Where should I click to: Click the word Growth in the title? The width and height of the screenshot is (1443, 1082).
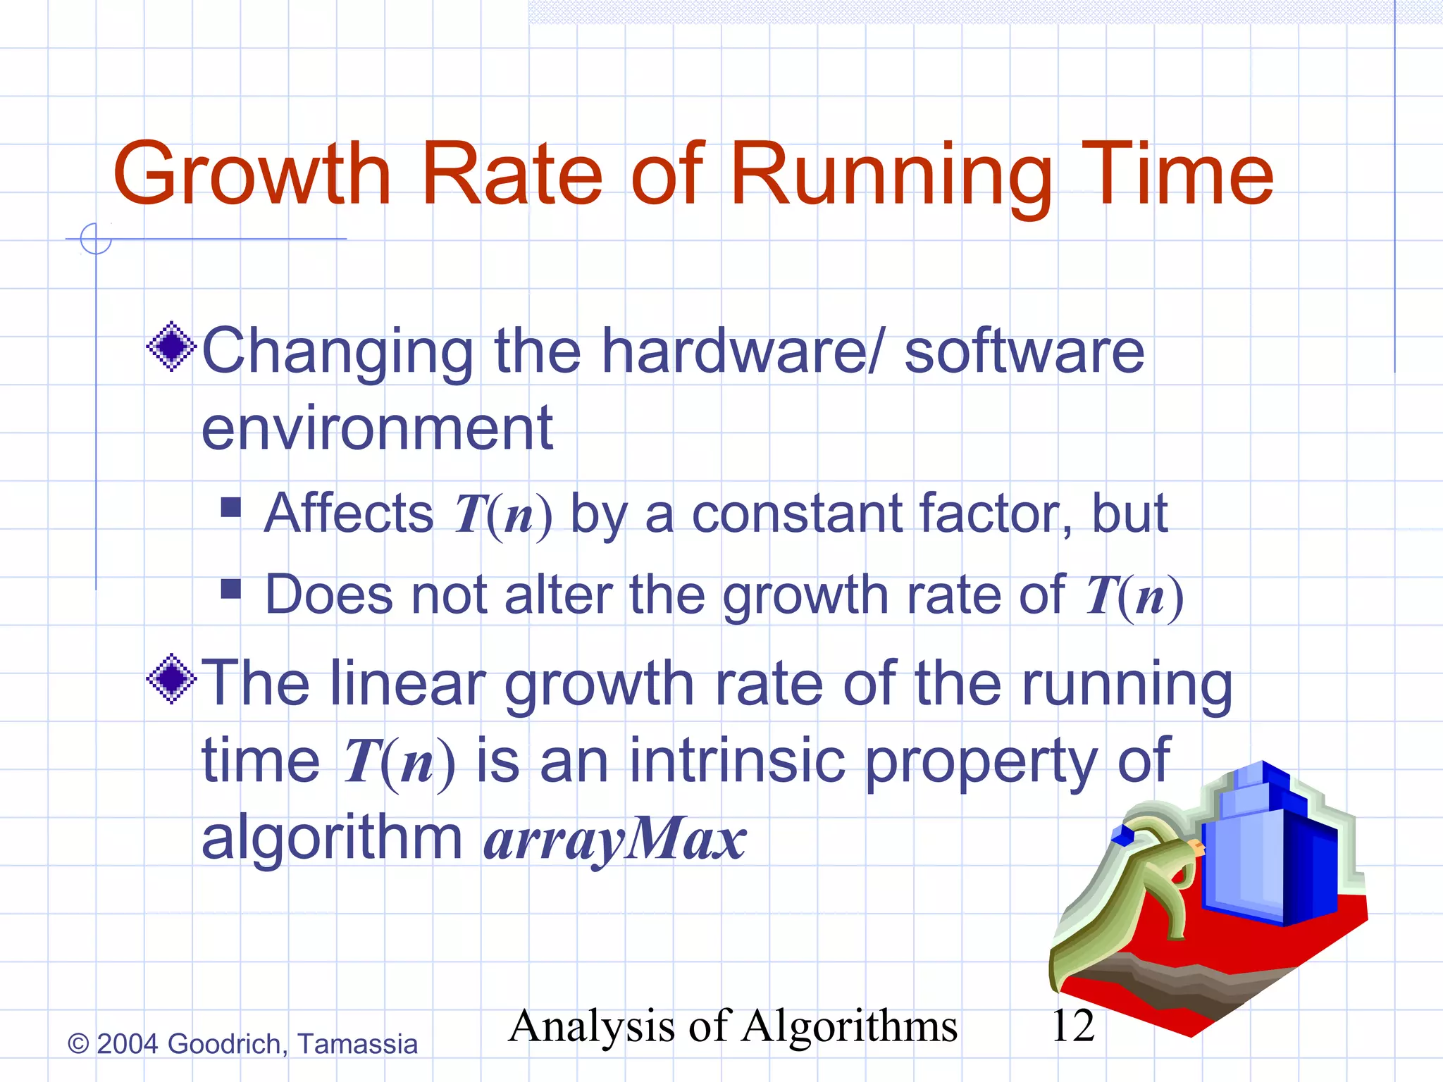click(x=252, y=175)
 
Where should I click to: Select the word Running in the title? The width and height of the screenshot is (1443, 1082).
click(x=891, y=175)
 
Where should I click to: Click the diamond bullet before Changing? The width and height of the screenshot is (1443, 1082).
click(x=171, y=347)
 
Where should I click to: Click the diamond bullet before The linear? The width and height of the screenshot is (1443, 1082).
click(x=171, y=679)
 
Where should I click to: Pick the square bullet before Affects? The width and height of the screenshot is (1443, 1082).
click(x=231, y=507)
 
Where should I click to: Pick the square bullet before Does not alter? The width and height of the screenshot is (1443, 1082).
click(x=231, y=588)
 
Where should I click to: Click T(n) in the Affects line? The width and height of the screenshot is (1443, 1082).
click(x=502, y=515)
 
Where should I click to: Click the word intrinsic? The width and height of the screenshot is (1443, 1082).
click(x=737, y=761)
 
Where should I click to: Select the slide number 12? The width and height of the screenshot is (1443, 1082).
click(x=1072, y=1026)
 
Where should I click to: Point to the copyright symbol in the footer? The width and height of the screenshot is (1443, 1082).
click(x=78, y=1044)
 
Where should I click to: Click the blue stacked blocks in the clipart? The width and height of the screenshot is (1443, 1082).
click(x=1268, y=852)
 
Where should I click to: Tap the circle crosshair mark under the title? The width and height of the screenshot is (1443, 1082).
click(x=96, y=239)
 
